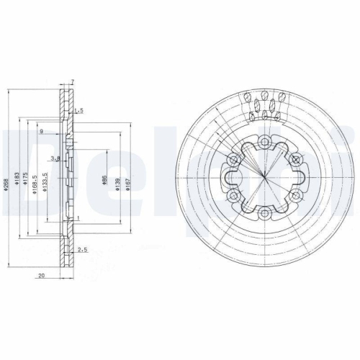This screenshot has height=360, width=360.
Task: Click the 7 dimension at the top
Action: pyautogui.click(x=73, y=83)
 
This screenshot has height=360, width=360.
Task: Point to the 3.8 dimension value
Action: pyautogui.click(x=55, y=158)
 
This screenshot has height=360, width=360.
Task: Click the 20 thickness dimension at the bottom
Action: pyautogui.click(x=42, y=275)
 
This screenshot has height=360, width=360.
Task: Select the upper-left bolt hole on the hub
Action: pyautogui.click(x=233, y=159)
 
